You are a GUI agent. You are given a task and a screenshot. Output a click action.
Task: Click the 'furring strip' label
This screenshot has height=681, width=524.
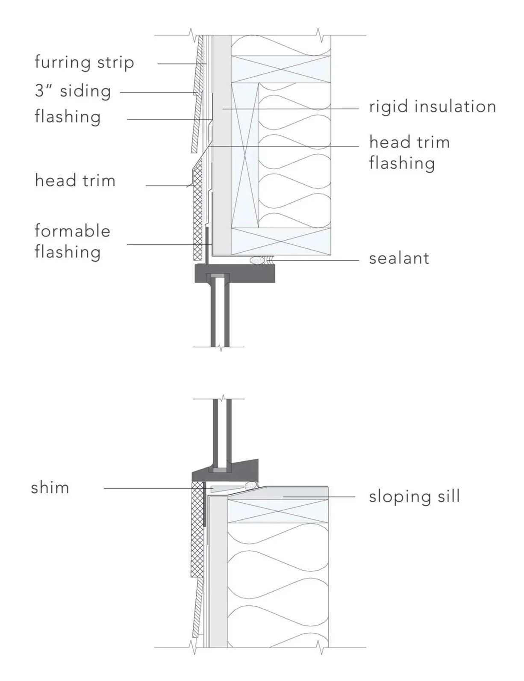pyautogui.click(x=84, y=62)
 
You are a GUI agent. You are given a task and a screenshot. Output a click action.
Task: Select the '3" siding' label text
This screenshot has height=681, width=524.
pyautogui.click(x=73, y=91)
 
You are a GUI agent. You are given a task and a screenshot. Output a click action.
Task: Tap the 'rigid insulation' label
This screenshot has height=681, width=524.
pyautogui.click(x=433, y=107)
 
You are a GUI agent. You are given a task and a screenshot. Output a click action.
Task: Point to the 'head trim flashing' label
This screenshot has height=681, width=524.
pyautogui.click(x=409, y=153)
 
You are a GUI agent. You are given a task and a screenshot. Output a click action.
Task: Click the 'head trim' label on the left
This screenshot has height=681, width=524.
pyautogui.click(x=75, y=180)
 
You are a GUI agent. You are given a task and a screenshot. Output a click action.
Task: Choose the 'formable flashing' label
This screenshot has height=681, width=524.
pyautogui.click(x=72, y=241)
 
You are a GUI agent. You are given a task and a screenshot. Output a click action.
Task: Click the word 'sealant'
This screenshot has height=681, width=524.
pyautogui.click(x=399, y=259)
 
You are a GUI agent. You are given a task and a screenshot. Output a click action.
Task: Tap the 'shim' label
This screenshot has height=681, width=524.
pyautogui.click(x=50, y=488)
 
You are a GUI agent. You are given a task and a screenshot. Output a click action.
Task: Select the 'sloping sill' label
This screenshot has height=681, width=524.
pyautogui.click(x=414, y=496)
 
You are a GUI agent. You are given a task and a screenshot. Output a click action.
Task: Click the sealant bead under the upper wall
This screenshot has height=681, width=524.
pyautogui.click(x=257, y=260)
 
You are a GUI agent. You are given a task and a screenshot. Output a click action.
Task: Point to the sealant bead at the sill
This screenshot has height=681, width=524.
pyautogui.click(x=251, y=485)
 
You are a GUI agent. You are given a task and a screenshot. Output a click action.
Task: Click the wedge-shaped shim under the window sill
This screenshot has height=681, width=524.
pyautogui.click(x=224, y=488)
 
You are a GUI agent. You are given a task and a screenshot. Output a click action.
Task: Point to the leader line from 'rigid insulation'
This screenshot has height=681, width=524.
pyautogui.click(x=291, y=109)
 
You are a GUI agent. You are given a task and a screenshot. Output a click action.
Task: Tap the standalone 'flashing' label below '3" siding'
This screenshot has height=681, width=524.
pyautogui.click(x=68, y=117)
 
